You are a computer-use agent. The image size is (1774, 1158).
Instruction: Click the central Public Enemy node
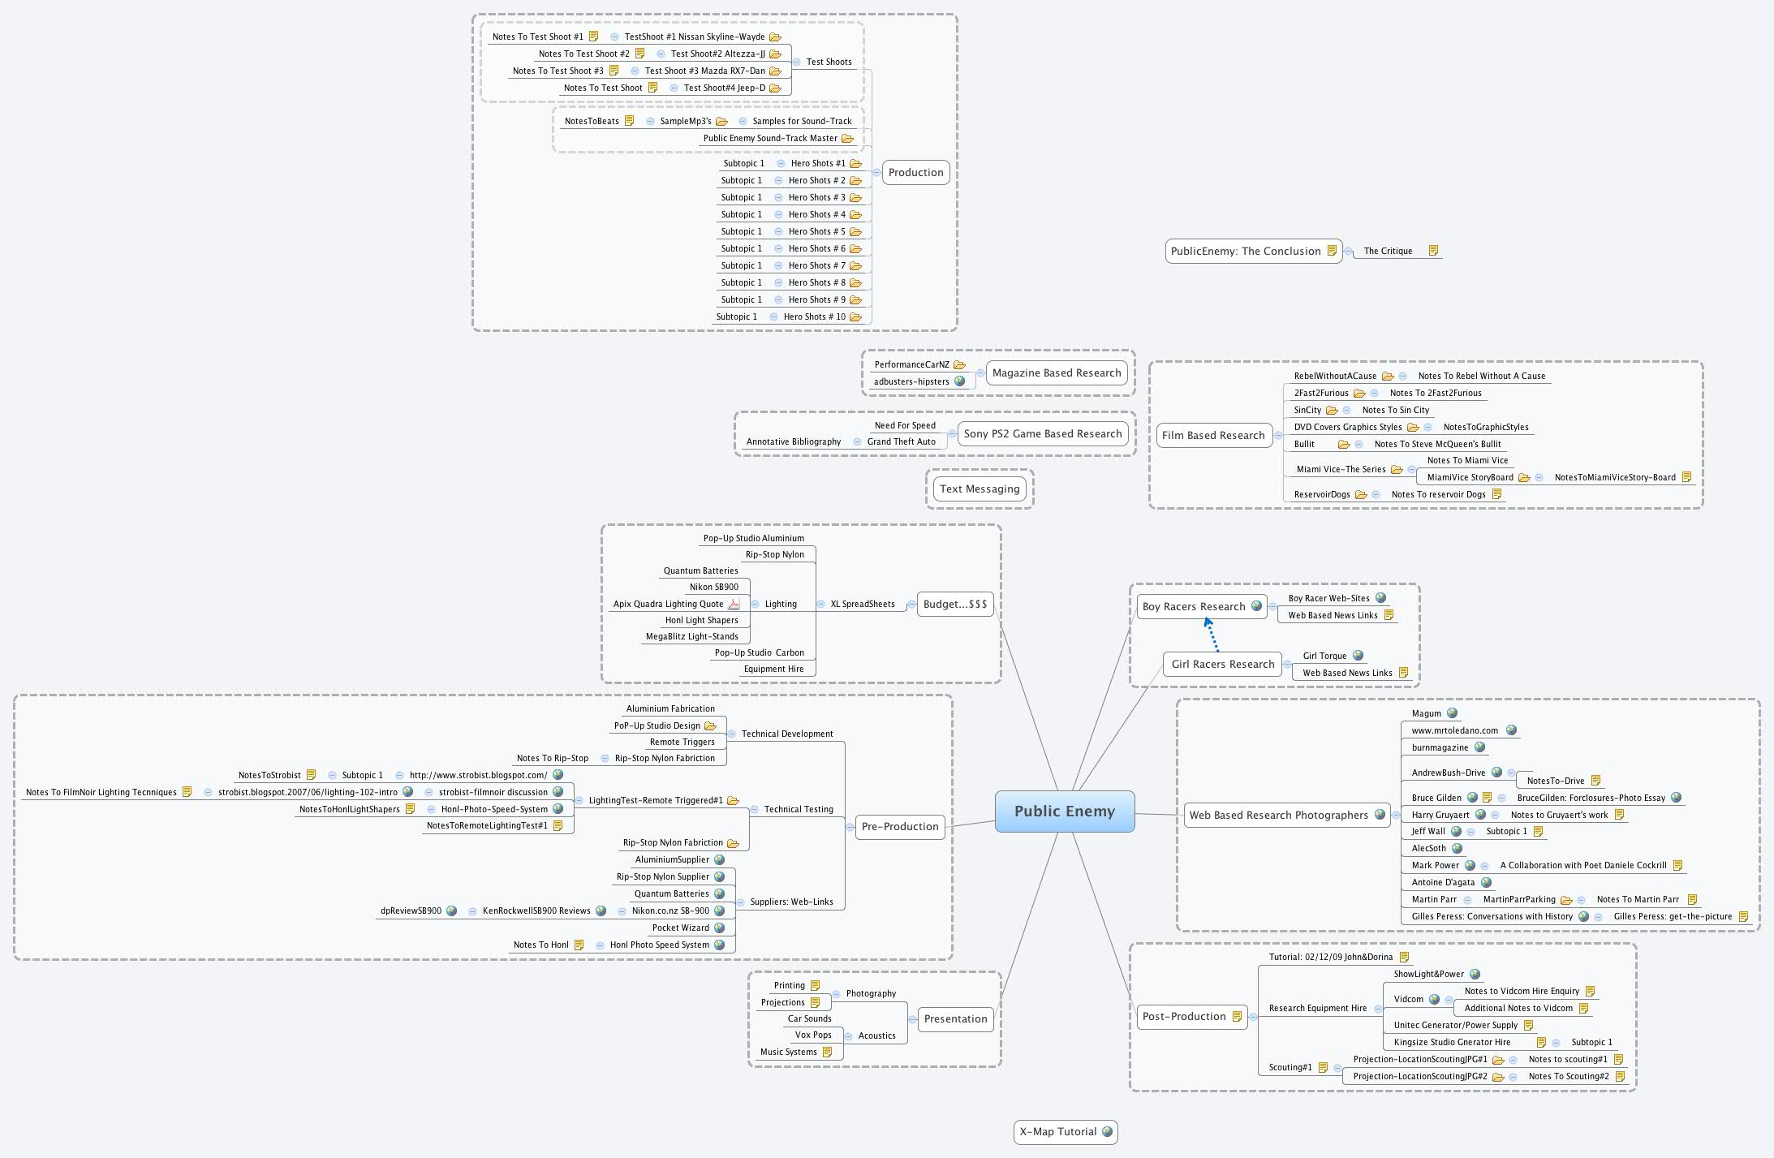pyautogui.click(x=1064, y=811)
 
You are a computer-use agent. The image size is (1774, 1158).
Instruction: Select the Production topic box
pyautogui.click(x=915, y=172)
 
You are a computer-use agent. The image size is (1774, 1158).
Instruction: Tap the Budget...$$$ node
pyautogui.click(x=955, y=604)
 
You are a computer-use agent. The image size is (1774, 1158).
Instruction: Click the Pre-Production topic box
pyautogui.click(x=899, y=826)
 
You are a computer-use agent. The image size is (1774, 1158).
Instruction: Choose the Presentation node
pyautogui.click(x=955, y=1018)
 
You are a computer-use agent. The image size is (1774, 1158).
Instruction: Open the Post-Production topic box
pyautogui.click(x=1183, y=1016)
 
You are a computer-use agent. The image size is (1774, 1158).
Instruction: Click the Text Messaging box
pyautogui.click(x=979, y=489)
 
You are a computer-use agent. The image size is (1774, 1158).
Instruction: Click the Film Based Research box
pyautogui.click(x=1212, y=435)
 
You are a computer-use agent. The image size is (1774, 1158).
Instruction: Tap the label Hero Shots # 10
pyautogui.click(x=814, y=316)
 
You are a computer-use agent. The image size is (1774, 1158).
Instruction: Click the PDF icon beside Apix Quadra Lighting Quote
pyautogui.click(x=734, y=604)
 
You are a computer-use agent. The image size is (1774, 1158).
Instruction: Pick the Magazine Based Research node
pyautogui.click(x=1056, y=372)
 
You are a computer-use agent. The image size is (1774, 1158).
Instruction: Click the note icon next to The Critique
pyautogui.click(x=1433, y=251)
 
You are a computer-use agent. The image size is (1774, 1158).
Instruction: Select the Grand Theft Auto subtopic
pyautogui.click(x=901, y=441)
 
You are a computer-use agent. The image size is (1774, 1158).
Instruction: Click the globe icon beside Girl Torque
pyautogui.click(x=1358, y=656)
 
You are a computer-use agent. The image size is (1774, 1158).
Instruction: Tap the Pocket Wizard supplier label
pyautogui.click(x=680, y=928)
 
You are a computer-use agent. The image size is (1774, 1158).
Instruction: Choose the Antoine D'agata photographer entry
pyautogui.click(x=1443, y=882)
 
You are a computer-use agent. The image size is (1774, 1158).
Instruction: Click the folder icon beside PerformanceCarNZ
pyautogui.click(x=959, y=364)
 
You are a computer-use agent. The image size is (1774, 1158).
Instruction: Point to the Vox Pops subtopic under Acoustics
pyautogui.click(x=812, y=1035)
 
